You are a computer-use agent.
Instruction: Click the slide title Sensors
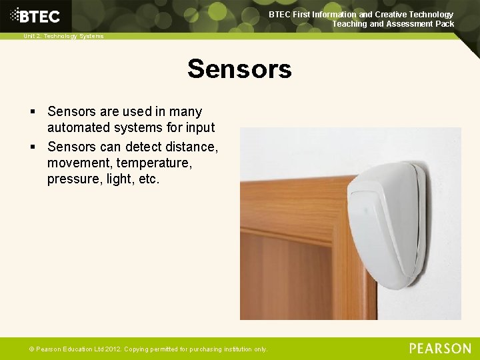[x=239, y=69]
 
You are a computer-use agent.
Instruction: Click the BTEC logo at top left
[x=36, y=15]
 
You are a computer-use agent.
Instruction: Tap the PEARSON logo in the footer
[x=440, y=348]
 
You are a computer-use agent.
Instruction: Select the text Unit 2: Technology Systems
[x=63, y=36]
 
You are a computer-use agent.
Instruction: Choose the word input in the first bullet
[x=201, y=127]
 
